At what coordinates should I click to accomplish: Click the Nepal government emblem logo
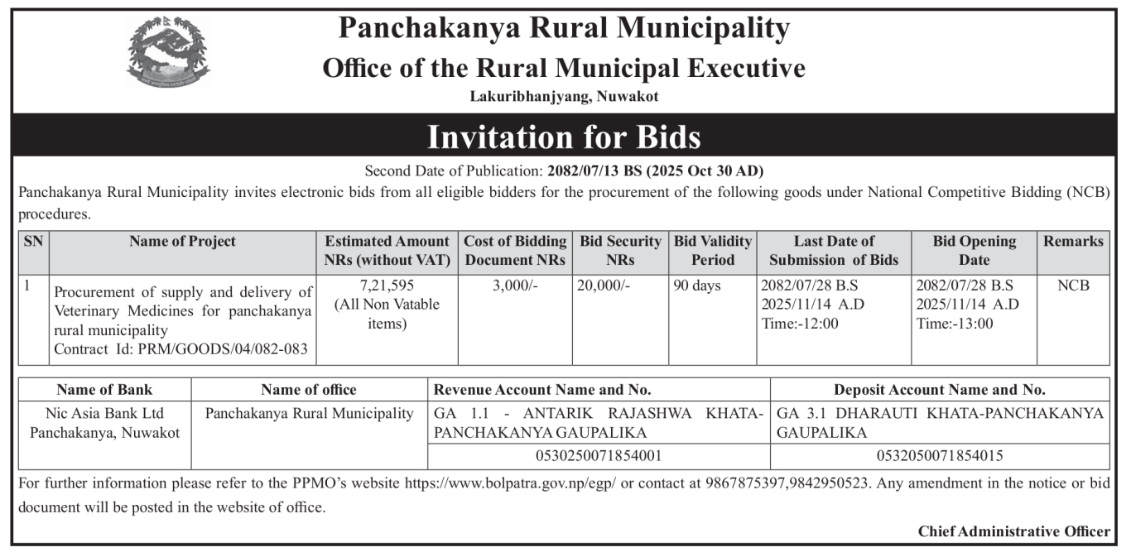coord(169,51)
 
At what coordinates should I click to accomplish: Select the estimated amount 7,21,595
coord(387,286)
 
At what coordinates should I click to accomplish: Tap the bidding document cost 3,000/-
coord(514,286)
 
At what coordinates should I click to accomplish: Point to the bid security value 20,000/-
coord(604,286)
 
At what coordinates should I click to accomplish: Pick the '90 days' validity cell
coord(697,286)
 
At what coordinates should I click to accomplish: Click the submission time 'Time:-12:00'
coord(799,324)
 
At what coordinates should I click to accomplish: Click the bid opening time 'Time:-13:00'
coord(955,324)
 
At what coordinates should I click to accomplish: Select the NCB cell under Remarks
coord(1073,286)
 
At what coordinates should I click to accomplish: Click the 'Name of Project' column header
coord(182,242)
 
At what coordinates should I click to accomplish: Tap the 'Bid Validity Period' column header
coord(713,251)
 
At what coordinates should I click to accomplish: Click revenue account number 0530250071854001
coord(599,455)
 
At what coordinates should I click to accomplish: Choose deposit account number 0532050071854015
coord(940,455)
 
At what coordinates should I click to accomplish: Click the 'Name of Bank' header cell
coord(104,390)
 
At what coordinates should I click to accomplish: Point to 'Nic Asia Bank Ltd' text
coord(104,413)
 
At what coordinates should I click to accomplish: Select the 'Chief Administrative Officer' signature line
coord(1013,531)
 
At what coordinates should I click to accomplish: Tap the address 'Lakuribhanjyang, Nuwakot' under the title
coord(564,97)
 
